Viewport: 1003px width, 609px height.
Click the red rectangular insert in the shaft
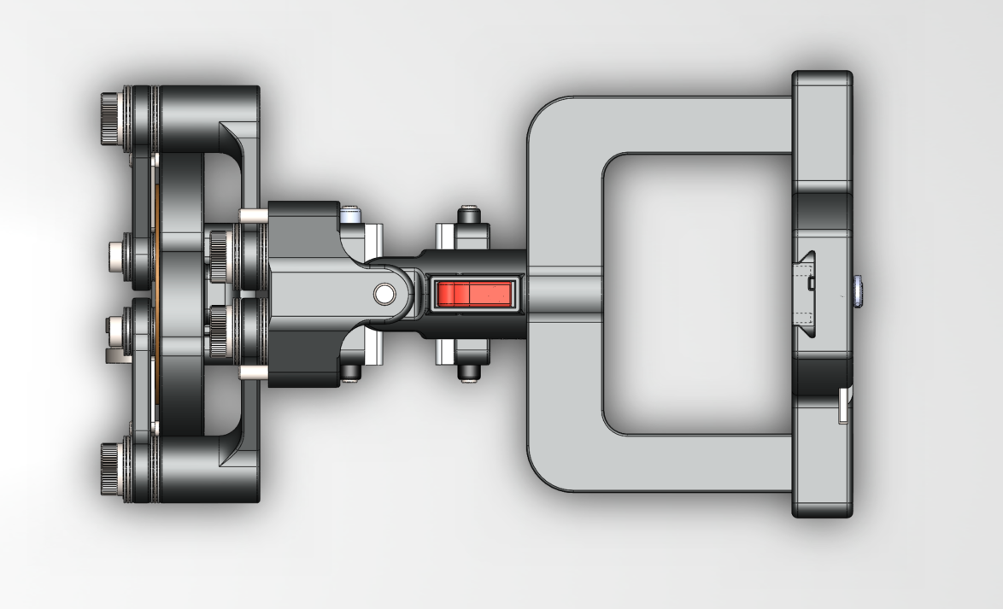pos(473,294)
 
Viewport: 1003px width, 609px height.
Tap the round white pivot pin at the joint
pos(384,294)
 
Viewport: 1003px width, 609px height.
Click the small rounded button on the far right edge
pos(857,292)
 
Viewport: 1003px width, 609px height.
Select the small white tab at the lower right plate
pos(842,406)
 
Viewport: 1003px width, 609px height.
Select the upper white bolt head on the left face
pos(118,255)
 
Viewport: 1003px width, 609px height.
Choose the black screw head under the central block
pos(350,372)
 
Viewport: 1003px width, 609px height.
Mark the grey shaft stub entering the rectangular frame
pos(565,294)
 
